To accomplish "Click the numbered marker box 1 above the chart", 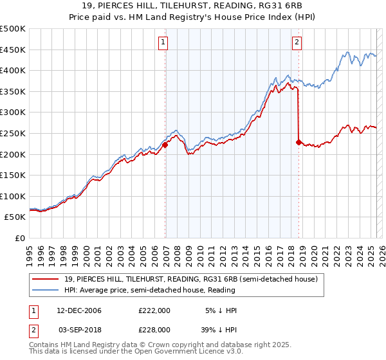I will click(163, 43).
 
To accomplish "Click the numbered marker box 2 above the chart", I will click(297, 43).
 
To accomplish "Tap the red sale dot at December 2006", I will click(165, 145).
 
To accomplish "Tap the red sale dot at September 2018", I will click(299, 143).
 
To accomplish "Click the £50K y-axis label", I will click(15, 217).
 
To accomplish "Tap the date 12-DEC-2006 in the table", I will click(79, 310).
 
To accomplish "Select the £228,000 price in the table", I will click(154, 329).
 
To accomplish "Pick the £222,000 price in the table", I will click(154, 310).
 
